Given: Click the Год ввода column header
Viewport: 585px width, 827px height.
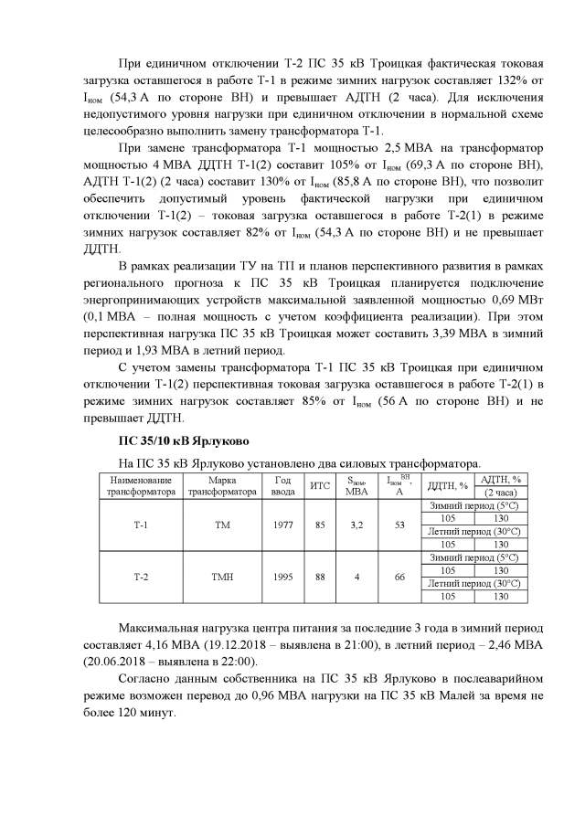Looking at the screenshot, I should (283, 484).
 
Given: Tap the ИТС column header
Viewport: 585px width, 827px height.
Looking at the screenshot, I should (320, 484).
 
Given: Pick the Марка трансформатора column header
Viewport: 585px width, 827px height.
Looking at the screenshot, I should (222, 484).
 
